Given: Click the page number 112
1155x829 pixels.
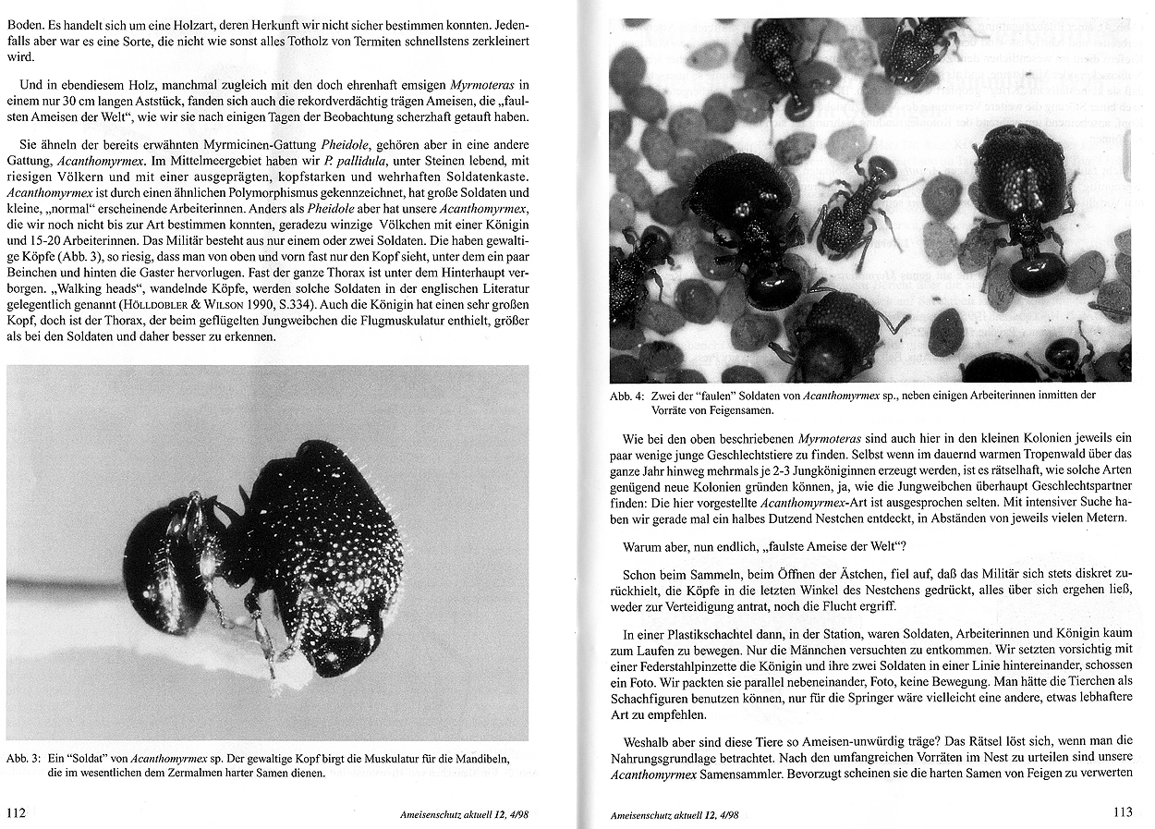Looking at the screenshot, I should pyautogui.click(x=16, y=813).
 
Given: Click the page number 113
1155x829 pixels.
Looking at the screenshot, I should pyautogui.click(x=1122, y=812).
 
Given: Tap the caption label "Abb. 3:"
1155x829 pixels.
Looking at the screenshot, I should pyautogui.click(x=23, y=758).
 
